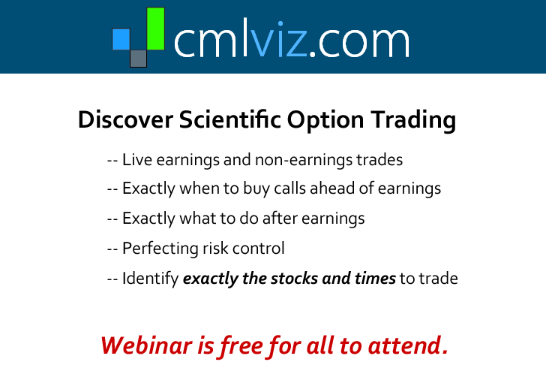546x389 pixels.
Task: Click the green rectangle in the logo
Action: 156,29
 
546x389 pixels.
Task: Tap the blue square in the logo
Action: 121,39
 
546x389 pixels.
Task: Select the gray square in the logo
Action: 138,59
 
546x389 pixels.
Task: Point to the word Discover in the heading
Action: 126,119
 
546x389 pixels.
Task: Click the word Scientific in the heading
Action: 230,119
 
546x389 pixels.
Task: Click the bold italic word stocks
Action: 295,279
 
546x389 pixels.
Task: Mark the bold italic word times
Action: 375,279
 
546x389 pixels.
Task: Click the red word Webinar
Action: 147,345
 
